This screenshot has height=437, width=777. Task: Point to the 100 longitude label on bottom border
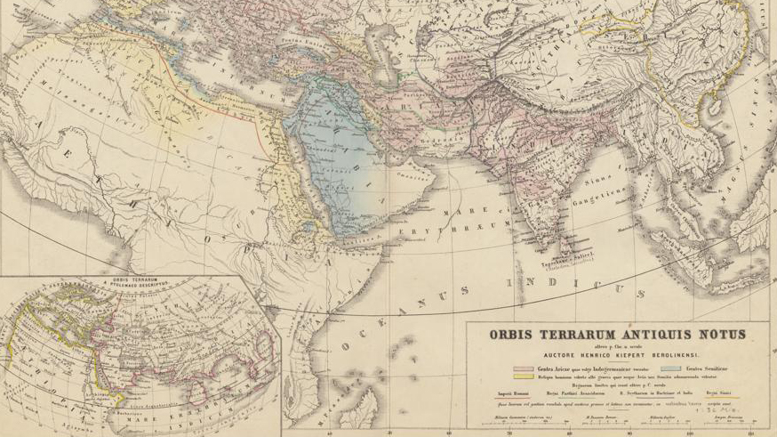(x=688, y=433)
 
